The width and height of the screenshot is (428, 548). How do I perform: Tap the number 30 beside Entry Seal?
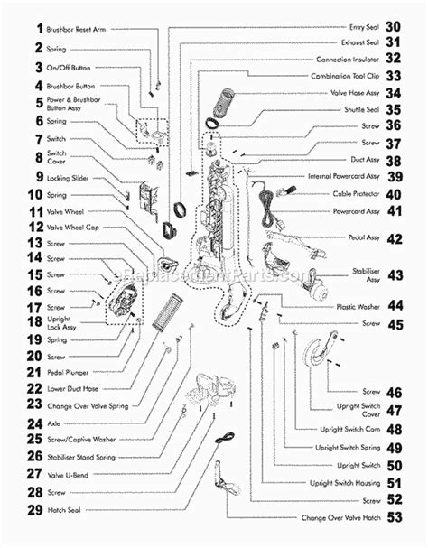[393, 28]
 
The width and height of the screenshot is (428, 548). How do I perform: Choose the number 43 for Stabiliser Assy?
[394, 274]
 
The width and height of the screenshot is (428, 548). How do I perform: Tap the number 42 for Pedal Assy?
[394, 239]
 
